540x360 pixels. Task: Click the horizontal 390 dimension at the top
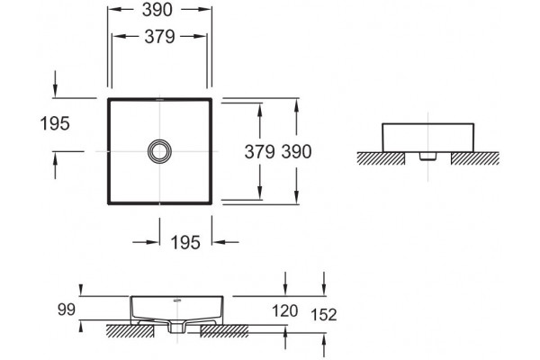pyautogui.click(x=157, y=10)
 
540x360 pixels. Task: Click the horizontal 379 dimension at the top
pyautogui.click(x=159, y=37)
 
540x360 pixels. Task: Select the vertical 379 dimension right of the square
pyautogui.click(x=259, y=151)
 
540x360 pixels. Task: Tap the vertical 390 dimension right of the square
pyautogui.click(x=296, y=151)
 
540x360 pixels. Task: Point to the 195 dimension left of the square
pyautogui.click(x=55, y=123)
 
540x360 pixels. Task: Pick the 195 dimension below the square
pyautogui.click(x=185, y=242)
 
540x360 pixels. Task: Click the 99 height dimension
pyautogui.click(x=67, y=310)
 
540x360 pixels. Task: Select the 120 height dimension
pyautogui.click(x=285, y=310)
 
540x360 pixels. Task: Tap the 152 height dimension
pyautogui.click(x=324, y=314)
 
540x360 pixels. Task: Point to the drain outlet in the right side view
pyautogui.click(x=428, y=157)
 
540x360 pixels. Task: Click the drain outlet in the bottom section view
pyautogui.click(x=177, y=328)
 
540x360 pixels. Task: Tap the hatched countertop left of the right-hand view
pyautogui.click(x=381, y=158)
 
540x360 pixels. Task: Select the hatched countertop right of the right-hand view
pyautogui.click(x=475, y=158)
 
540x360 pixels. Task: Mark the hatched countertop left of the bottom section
pyautogui.click(x=130, y=330)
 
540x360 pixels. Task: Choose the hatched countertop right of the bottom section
pyautogui.click(x=224, y=330)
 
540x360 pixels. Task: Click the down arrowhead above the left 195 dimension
pyautogui.click(x=55, y=91)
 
